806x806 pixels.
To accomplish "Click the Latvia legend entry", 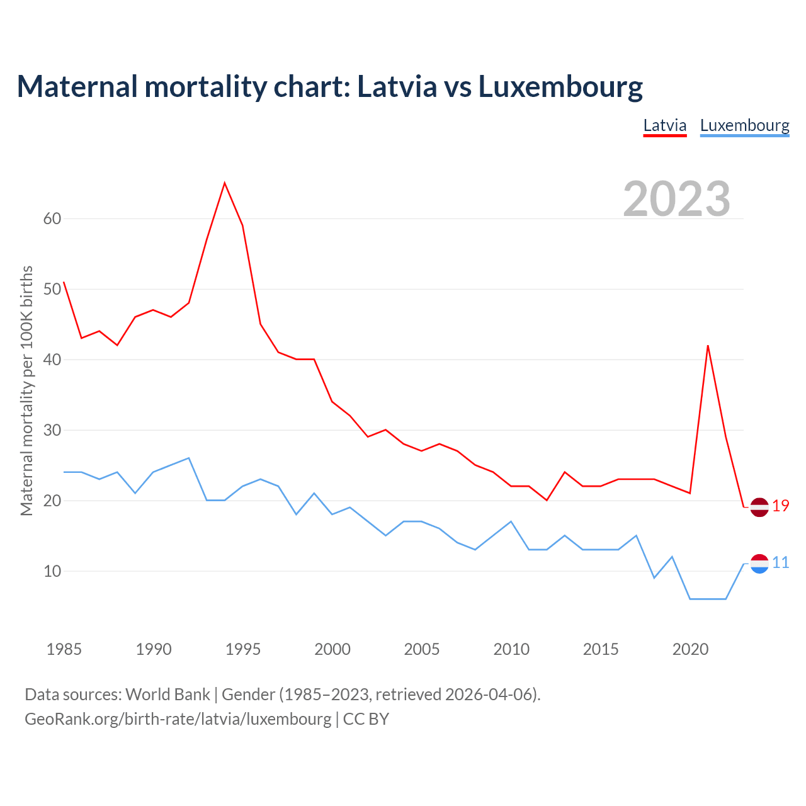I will [x=664, y=125].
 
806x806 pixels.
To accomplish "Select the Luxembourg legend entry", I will [x=744, y=125].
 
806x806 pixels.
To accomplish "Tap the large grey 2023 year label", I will [x=676, y=198].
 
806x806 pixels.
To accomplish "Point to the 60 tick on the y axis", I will [x=52, y=219].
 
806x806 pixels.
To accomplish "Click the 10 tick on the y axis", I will [x=52, y=571].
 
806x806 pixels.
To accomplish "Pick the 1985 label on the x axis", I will [x=64, y=649].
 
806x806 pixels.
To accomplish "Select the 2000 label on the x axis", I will [x=332, y=649].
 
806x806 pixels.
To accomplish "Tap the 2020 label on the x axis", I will [x=690, y=649].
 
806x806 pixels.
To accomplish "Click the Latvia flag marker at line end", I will [x=759, y=507].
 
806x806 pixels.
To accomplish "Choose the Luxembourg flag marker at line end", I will [x=759, y=564].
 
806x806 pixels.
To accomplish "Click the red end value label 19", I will [x=781, y=506].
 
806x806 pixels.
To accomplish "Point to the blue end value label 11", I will [x=781, y=562].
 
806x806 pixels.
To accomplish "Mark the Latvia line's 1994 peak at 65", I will [x=225, y=183].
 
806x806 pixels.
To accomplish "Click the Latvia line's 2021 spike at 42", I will [x=708, y=346].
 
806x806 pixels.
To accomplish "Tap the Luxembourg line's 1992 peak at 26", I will [x=189, y=458].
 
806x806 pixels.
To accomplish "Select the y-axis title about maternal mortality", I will [x=26, y=390].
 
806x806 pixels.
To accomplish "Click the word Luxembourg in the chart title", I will [x=560, y=86].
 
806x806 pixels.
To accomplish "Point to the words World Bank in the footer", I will [x=167, y=695].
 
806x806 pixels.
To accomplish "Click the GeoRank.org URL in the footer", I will [x=178, y=718].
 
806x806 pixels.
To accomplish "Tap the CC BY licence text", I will [x=366, y=718].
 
